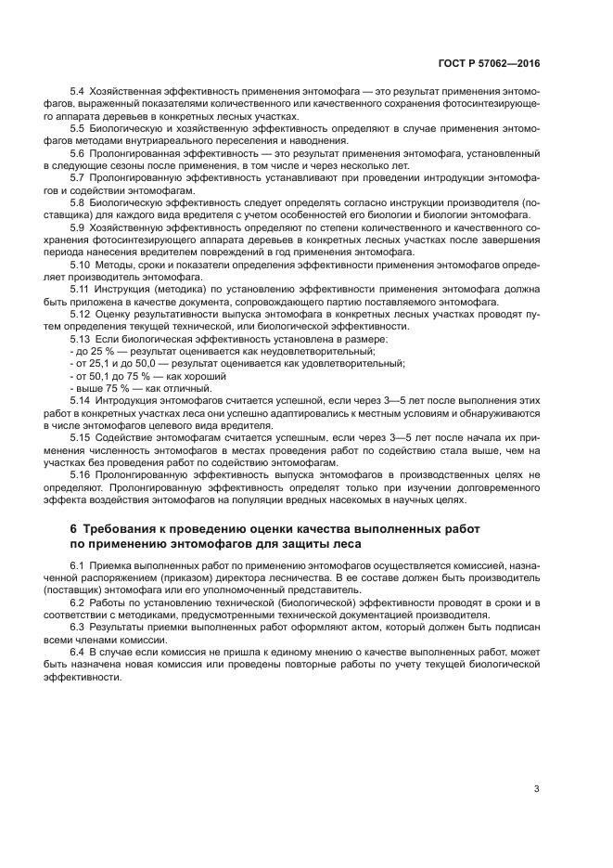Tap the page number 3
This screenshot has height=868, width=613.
pyautogui.click(x=536, y=789)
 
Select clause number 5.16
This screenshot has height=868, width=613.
pyautogui.click(x=80, y=473)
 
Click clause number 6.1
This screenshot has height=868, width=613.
pyautogui.click(x=77, y=566)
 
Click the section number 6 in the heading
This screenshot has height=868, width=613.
pyautogui.click(x=74, y=527)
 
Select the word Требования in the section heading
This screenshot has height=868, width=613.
pyautogui.click(x=117, y=527)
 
